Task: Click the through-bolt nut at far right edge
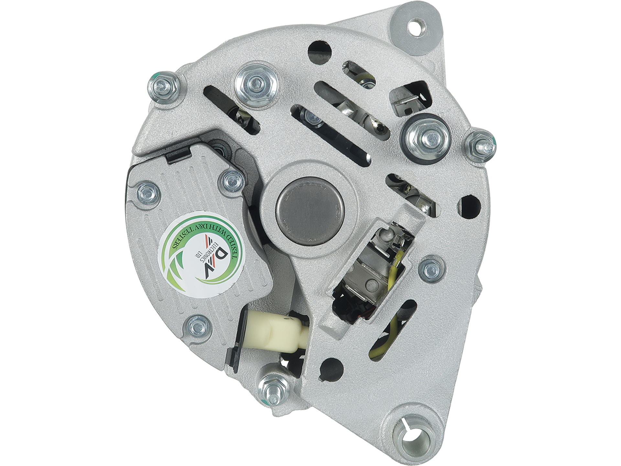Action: click(x=479, y=145)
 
